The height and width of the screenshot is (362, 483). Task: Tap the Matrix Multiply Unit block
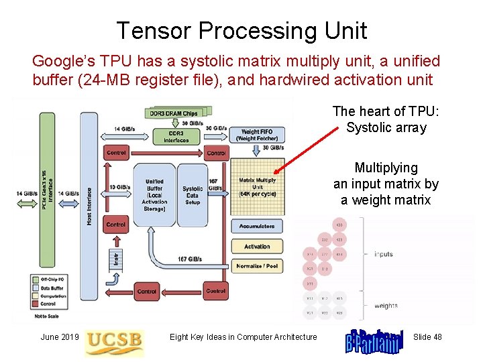tap(257, 186)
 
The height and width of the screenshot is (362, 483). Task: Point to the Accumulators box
tap(257, 227)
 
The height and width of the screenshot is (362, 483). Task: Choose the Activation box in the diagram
tap(257, 247)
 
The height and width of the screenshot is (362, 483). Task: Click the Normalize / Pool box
tap(257, 266)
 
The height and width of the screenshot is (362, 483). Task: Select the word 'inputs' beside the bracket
tap(383, 254)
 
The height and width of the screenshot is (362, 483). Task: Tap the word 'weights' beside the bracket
tap(385, 306)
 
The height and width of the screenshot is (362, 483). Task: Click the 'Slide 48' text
tap(427, 337)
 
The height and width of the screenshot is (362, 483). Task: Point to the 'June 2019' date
tap(60, 337)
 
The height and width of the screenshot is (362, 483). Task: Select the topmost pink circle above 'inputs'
tap(340, 224)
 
